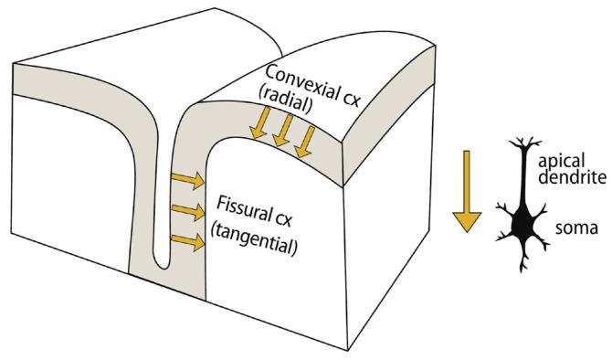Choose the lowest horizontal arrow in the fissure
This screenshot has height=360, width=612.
[x=187, y=242]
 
